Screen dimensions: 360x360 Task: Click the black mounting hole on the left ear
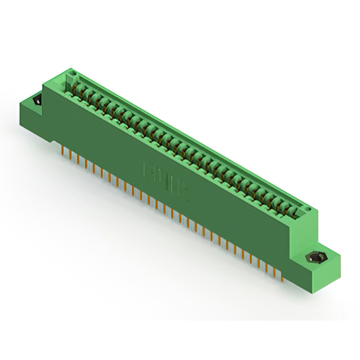[x=37, y=101]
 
